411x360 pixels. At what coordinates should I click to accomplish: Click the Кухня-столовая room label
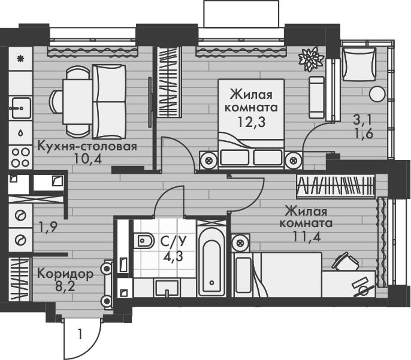point(87,146)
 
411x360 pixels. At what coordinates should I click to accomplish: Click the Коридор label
point(65,274)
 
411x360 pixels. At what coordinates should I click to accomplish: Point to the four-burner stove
point(20,156)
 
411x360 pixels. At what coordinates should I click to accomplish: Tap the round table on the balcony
point(376,93)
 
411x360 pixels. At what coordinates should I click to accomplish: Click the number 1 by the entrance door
point(78,334)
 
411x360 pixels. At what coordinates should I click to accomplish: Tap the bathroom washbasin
point(167,288)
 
